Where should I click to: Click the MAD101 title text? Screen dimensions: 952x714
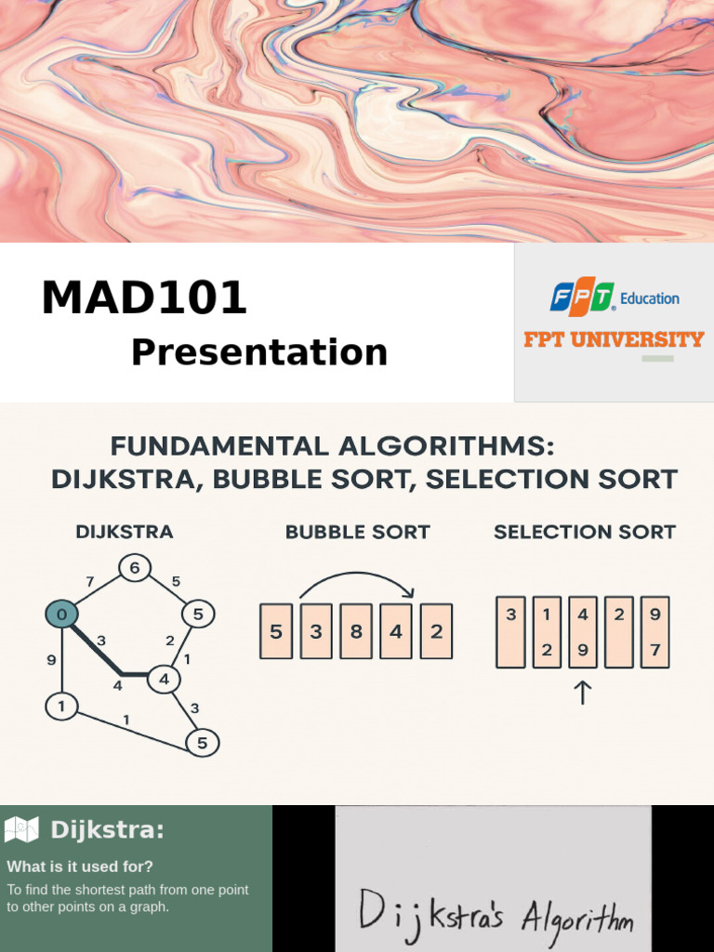(x=144, y=298)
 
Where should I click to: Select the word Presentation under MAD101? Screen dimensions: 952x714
(x=258, y=352)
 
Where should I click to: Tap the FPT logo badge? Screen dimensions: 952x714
(x=582, y=297)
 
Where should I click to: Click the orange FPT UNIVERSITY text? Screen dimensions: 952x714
(x=614, y=339)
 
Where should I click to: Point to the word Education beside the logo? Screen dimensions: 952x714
(x=650, y=298)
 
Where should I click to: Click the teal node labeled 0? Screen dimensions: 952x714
(x=61, y=614)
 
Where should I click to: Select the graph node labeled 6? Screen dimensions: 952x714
(x=135, y=568)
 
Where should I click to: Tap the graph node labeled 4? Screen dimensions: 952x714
(x=164, y=679)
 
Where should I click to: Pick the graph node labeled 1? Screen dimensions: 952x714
(x=61, y=707)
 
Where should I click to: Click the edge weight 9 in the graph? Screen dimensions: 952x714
(x=50, y=660)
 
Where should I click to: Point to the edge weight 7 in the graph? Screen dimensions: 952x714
(x=90, y=582)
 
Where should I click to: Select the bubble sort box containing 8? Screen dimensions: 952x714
(x=356, y=632)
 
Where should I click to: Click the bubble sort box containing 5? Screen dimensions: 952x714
(x=276, y=632)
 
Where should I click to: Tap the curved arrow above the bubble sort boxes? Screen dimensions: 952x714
(x=356, y=584)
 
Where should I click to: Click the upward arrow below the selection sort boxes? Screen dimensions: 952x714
(x=583, y=693)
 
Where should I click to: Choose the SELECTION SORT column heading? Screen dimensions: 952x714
(x=584, y=533)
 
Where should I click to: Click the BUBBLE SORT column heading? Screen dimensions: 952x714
(x=357, y=533)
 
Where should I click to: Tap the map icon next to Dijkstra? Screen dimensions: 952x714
(x=21, y=829)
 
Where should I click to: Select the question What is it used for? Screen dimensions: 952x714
(x=80, y=866)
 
